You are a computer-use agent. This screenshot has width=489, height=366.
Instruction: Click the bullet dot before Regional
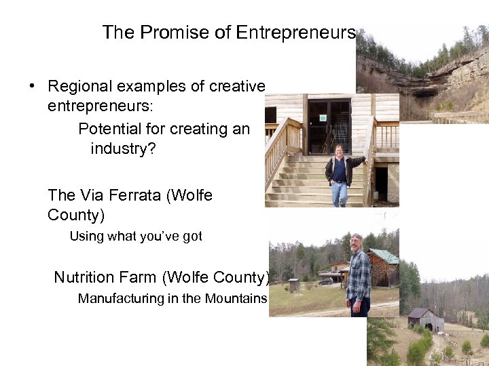pyautogui.click(x=32, y=87)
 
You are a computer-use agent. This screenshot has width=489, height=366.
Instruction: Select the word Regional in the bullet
pyautogui.click(x=81, y=87)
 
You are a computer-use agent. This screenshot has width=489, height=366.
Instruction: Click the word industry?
pyautogui.click(x=123, y=148)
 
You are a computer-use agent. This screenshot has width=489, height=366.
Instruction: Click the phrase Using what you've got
pyautogui.click(x=136, y=237)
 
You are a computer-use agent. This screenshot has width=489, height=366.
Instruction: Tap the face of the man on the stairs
pyautogui.click(x=339, y=150)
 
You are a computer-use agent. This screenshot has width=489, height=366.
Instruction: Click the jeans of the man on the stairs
pyautogui.click(x=339, y=193)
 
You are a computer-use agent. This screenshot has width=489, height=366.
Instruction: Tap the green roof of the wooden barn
pyautogui.click(x=386, y=256)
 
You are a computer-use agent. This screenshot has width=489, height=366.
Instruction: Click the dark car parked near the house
pyautogui.click(x=327, y=280)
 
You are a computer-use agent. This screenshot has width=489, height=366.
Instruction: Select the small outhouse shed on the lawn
pyautogui.click(x=293, y=285)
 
